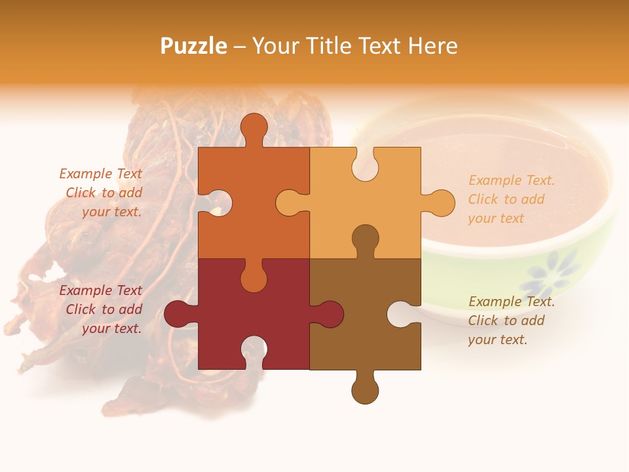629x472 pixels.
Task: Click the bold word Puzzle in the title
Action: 194,46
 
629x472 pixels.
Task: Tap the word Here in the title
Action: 432,46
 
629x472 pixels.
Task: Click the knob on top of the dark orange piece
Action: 254,128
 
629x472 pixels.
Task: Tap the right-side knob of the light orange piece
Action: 441,203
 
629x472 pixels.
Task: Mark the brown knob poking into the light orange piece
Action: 365,240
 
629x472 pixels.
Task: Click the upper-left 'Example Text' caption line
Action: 100,174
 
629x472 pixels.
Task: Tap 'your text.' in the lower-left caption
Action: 111,328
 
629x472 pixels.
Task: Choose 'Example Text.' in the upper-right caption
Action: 511,180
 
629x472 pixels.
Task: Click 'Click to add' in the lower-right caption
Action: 506,321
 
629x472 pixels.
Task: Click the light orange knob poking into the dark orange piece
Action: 290,203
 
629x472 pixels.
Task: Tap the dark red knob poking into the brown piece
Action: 330,314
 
